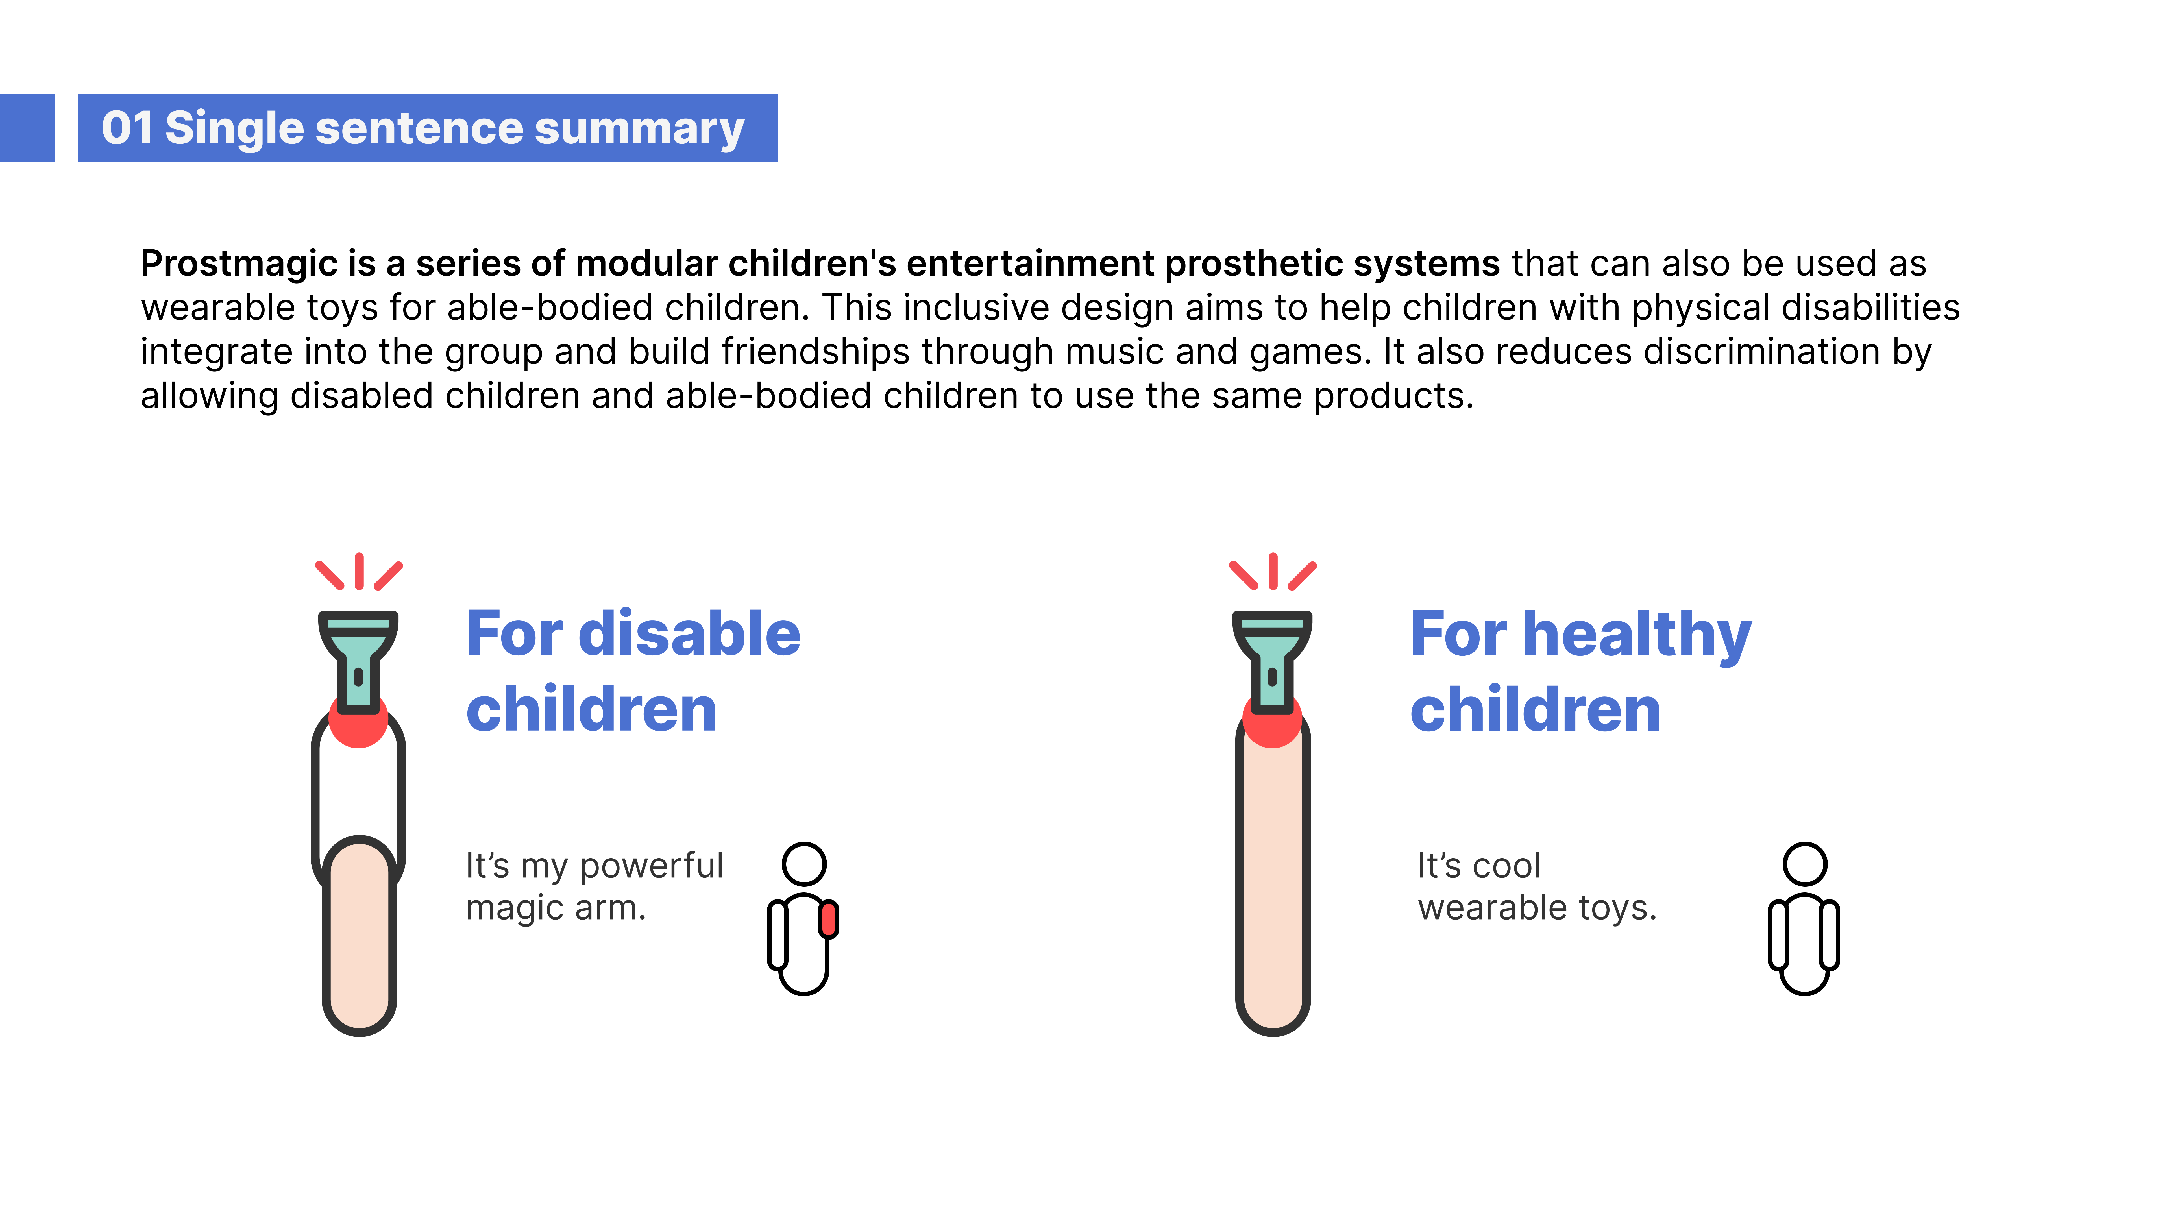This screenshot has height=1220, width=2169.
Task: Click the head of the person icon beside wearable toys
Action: coord(1804,864)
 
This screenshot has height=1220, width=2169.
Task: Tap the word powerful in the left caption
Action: coord(651,866)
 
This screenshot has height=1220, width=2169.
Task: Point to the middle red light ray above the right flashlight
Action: coord(1272,571)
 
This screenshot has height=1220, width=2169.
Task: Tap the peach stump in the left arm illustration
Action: coord(360,934)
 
